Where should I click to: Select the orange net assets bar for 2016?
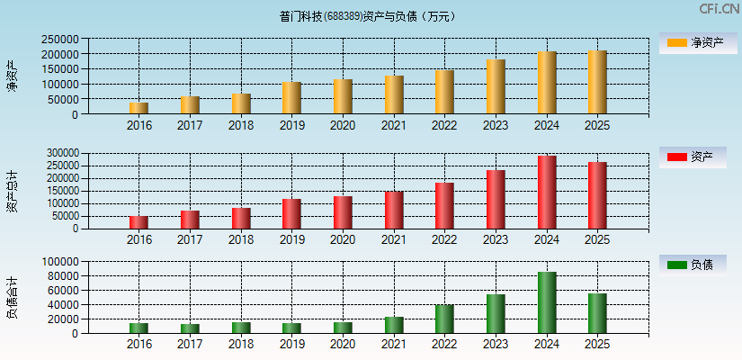[x=139, y=108]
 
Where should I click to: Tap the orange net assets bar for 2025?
[x=597, y=82]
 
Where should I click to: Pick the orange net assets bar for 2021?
[x=394, y=94]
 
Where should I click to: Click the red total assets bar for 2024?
[x=547, y=193]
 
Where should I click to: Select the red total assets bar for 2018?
[x=241, y=219]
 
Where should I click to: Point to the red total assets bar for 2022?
[x=444, y=206]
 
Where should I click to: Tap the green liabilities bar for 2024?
[x=547, y=302]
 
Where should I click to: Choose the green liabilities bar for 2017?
[x=190, y=328]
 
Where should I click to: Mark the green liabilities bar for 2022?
[x=444, y=319]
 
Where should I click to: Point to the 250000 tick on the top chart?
[x=58, y=40]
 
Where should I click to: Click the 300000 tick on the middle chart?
[x=58, y=154]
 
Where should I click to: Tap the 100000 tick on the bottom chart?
[x=58, y=262]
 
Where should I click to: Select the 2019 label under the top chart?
[x=291, y=125]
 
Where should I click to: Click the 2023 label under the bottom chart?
[x=496, y=345]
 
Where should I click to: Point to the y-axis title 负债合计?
[x=12, y=298]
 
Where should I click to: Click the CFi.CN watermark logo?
[x=720, y=8]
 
